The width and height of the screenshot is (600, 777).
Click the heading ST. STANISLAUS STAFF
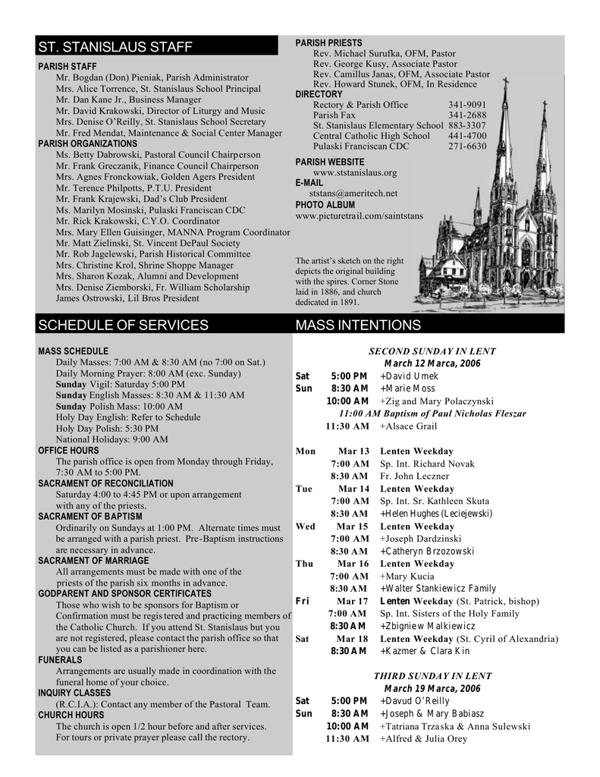click(x=115, y=48)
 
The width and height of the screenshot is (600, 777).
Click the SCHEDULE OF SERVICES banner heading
click(x=123, y=326)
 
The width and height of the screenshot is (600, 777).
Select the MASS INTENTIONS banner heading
click(x=358, y=326)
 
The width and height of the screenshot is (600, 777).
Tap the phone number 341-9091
click(x=467, y=105)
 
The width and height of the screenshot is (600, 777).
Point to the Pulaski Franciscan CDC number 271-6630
click(x=467, y=146)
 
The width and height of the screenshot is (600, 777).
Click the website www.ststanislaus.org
click(x=355, y=172)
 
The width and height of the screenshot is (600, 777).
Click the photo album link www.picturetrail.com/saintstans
click(x=360, y=215)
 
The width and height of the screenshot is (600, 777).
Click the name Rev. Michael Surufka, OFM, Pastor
click(x=385, y=54)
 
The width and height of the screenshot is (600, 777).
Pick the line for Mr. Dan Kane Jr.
click(x=129, y=99)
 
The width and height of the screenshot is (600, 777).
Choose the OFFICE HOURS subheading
click(x=68, y=451)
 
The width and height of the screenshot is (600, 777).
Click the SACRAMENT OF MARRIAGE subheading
click(x=93, y=561)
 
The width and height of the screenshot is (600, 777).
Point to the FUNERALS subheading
click(x=60, y=660)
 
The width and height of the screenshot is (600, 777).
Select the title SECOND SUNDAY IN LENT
click(x=432, y=351)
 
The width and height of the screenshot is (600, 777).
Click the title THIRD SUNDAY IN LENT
click(x=432, y=675)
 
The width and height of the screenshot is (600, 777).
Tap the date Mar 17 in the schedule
click(x=353, y=601)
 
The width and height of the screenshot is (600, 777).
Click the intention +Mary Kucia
click(x=407, y=577)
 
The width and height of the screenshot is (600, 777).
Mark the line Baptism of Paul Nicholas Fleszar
click(x=432, y=414)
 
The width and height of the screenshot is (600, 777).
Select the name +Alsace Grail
click(x=408, y=426)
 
